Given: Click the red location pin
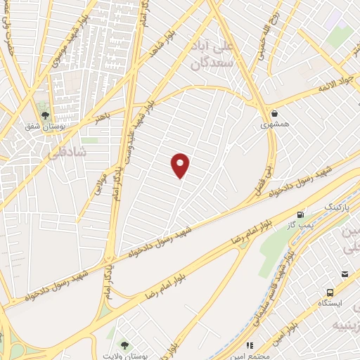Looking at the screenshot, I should click(x=181, y=165).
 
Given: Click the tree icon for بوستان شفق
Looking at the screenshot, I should click(x=45, y=115).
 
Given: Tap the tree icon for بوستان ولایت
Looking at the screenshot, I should click(x=124, y=345).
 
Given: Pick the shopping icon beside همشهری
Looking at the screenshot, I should click(x=274, y=113).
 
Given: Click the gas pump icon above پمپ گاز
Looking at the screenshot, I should click(x=301, y=214).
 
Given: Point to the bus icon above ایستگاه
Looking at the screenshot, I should click(x=330, y=293).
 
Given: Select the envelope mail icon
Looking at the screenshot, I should click(x=345, y=274).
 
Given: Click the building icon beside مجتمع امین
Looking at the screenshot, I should click(x=249, y=345).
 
